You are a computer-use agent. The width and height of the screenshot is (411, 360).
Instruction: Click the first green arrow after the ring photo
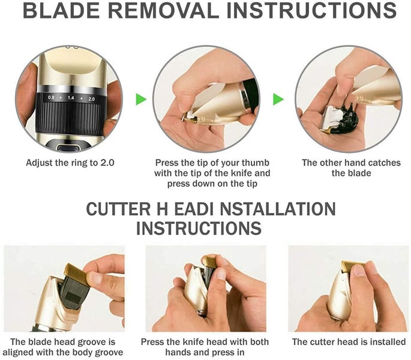[141, 99]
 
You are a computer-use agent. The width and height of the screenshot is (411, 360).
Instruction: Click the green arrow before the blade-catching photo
[278, 99]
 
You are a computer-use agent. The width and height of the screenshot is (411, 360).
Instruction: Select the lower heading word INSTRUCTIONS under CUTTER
[199, 229]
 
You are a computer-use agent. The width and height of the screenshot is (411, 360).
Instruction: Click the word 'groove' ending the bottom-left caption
[109, 353]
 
